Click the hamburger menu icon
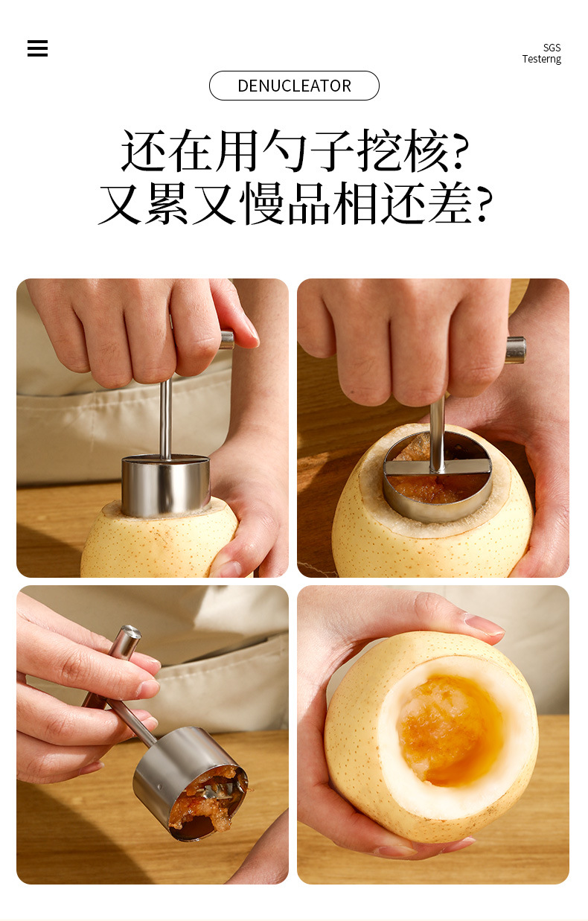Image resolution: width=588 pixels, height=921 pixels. click(x=37, y=48)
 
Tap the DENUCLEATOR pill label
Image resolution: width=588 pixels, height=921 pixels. click(x=294, y=86)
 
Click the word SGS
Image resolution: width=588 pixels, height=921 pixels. click(x=552, y=48)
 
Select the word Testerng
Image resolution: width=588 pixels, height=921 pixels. click(x=541, y=60)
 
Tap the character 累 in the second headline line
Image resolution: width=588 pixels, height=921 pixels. click(x=167, y=203)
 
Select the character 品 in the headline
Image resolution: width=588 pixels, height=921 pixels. click(x=310, y=203)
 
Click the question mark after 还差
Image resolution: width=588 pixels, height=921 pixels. click(x=485, y=203)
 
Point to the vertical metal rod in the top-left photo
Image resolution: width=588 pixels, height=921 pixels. click(x=165, y=417)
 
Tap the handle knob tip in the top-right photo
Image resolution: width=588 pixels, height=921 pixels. click(x=516, y=350)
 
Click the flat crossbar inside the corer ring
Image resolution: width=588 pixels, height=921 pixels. click(x=438, y=468)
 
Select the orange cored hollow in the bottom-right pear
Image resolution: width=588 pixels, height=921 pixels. click(x=450, y=730)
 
